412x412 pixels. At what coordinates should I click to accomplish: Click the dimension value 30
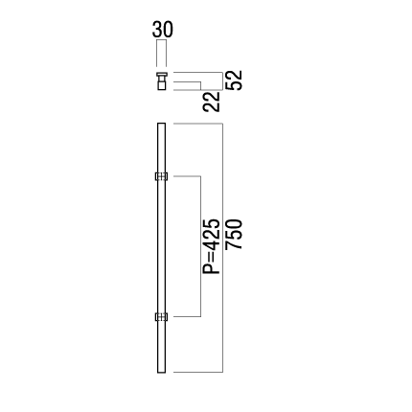pyautogui.click(x=163, y=30)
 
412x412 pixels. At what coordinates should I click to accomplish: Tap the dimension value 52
pyautogui.click(x=234, y=80)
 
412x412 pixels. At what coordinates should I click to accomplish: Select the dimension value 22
pyautogui.click(x=212, y=102)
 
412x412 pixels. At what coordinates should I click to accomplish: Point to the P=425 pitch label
pyautogui.click(x=212, y=246)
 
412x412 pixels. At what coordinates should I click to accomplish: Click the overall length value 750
pyautogui.click(x=234, y=234)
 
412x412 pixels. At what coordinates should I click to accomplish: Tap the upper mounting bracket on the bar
pyautogui.click(x=161, y=176)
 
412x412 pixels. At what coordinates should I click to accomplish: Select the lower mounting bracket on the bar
pyautogui.click(x=161, y=317)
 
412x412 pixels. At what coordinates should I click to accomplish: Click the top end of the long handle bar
pyautogui.click(x=162, y=124)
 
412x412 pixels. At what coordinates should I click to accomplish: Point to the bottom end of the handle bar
pyautogui.click(x=162, y=373)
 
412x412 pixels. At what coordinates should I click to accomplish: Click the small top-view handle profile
pyautogui.click(x=162, y=81)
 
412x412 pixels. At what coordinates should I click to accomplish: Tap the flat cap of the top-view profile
pyautogui.click(x=162, y=75)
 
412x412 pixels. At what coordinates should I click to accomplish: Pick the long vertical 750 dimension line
pyautogui.click(x=222, y=248)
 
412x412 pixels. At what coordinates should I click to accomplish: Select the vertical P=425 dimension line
pyautogui.click(x=200, y=246)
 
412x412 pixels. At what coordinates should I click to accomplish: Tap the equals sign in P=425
pyautogui.click(x=212, y=257)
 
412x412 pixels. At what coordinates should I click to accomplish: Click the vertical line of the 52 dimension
pyautogui.click(x=222, y=81)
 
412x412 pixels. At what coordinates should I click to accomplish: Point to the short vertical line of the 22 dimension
pyautogui.click(x=200, y=86)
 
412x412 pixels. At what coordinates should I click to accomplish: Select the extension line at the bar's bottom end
pyautogui.click(x=198, y=372)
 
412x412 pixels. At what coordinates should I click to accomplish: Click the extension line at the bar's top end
pyautogui.click(x=198, y=124)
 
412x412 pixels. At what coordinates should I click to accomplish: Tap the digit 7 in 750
pyautogui.click(x=234, y=245)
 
